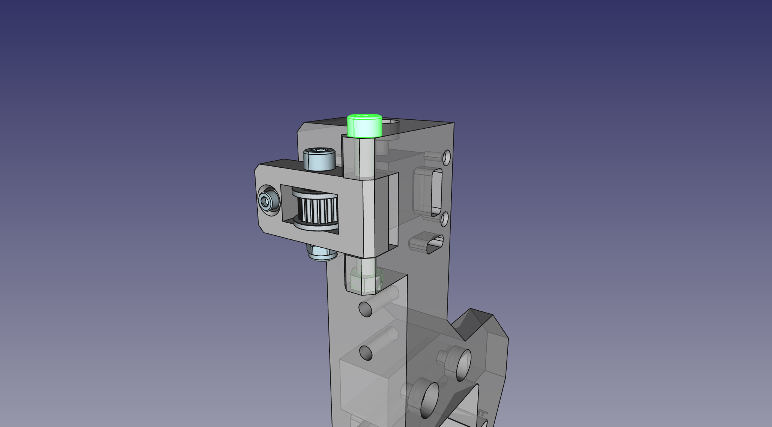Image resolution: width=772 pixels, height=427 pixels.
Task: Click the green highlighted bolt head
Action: tap(364, 126)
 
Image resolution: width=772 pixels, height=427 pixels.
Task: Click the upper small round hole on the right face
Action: tap(446, 158)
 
